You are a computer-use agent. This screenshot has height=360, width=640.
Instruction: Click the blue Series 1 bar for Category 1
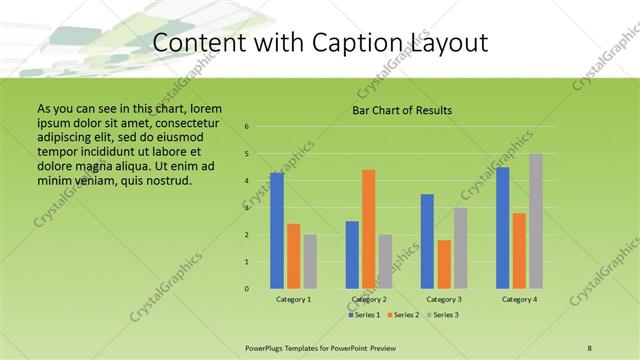277,231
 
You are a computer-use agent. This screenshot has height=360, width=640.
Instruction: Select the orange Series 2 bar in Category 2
368,229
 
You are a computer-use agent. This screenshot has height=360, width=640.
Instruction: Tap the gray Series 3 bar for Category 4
536,221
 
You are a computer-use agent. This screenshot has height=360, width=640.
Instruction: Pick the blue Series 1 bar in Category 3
427,241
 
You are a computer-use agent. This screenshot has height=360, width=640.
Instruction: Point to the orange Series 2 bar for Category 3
444,264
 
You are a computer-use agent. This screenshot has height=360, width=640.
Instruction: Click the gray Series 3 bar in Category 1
310,261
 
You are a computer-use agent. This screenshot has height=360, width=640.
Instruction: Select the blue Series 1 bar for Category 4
503,228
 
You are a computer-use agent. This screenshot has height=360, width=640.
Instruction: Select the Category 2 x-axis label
369,299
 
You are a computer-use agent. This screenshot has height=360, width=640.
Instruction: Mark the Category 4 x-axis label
519,299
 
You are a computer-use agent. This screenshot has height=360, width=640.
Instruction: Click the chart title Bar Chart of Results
402,110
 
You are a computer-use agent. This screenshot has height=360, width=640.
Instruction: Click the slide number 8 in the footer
589,347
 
